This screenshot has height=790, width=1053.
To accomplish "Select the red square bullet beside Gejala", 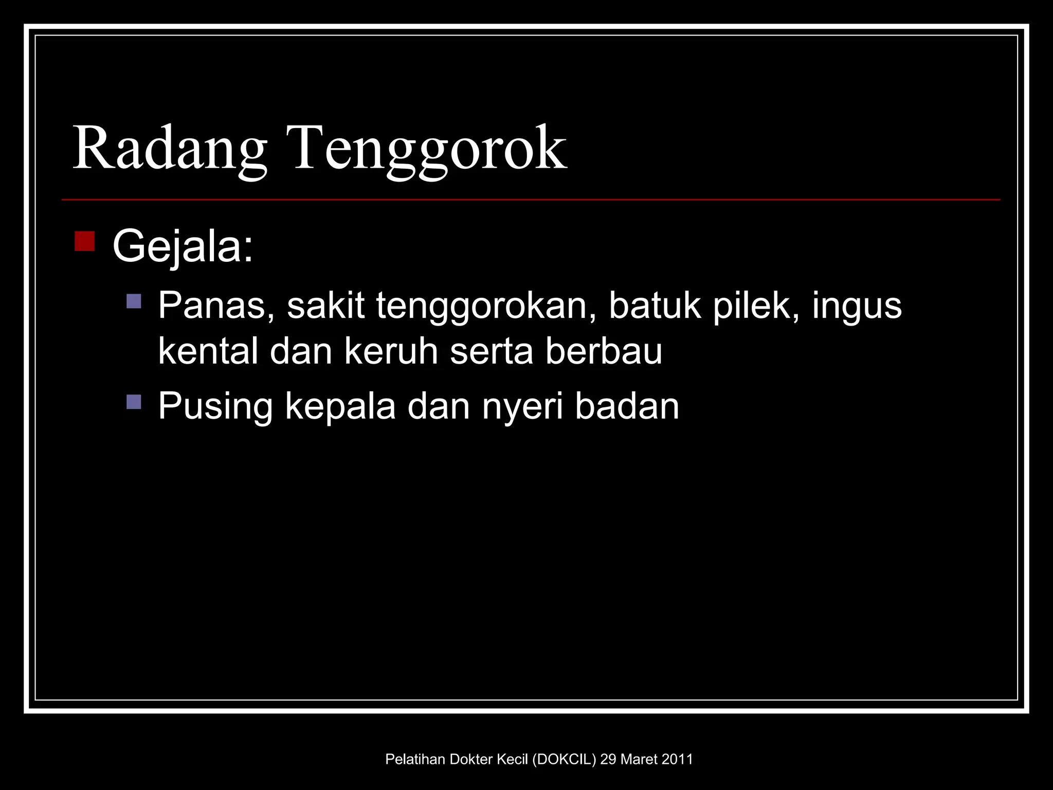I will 84,241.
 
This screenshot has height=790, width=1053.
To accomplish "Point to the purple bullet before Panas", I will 134,301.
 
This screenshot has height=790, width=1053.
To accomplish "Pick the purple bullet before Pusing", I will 134,402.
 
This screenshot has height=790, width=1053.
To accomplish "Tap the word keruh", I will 391,351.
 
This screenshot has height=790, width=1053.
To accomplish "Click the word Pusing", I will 215,407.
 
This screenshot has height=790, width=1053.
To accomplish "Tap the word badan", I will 627,406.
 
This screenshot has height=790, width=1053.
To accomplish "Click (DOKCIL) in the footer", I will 564,759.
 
